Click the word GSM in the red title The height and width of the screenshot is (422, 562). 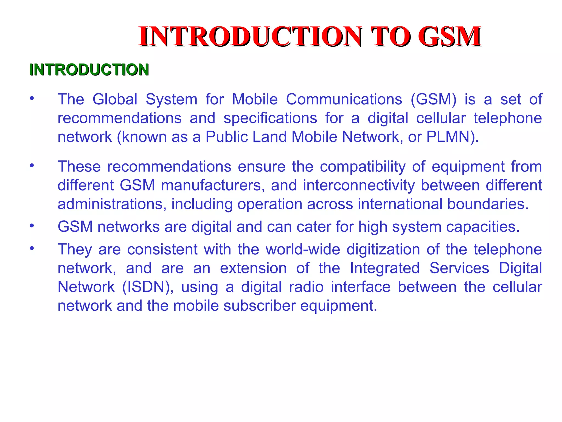(449, 37)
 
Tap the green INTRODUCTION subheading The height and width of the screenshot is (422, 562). (89, 70)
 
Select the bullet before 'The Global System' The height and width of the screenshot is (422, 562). (32, 98)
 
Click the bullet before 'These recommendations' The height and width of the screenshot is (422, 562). (32, 166)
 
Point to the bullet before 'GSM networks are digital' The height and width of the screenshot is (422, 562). (32, 226)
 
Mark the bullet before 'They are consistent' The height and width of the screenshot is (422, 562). (32, 248)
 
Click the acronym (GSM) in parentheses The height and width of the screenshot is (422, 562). (434, 99)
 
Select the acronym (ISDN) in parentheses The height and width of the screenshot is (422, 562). (148, 287)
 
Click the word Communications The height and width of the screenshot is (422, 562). (344, 99)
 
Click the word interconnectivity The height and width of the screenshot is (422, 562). (359, 185)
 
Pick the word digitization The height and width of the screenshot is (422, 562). (383, 249)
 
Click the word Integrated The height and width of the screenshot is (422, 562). (385, 268)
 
